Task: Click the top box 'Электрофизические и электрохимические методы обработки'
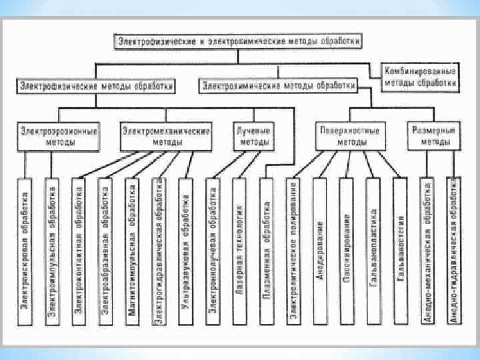[x=239, y=41]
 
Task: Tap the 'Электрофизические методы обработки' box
[x=97, y=86]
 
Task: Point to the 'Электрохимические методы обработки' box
[x=279, y=86]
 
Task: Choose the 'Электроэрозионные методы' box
[x=59, y=137]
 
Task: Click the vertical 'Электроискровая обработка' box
[x=25, y=252]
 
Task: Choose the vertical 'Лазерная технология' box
[x=240, y=252]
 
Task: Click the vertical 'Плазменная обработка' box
[x=266, y=252]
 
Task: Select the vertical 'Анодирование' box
[x=320, y=252]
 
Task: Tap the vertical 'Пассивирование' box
[x=347, y=252]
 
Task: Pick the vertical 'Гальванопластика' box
[x=373, y=252]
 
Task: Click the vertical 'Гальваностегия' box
[x=401, y=252]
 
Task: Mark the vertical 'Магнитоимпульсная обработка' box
[x=133, y=252]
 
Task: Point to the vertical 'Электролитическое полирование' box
[x=293, y=252]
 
